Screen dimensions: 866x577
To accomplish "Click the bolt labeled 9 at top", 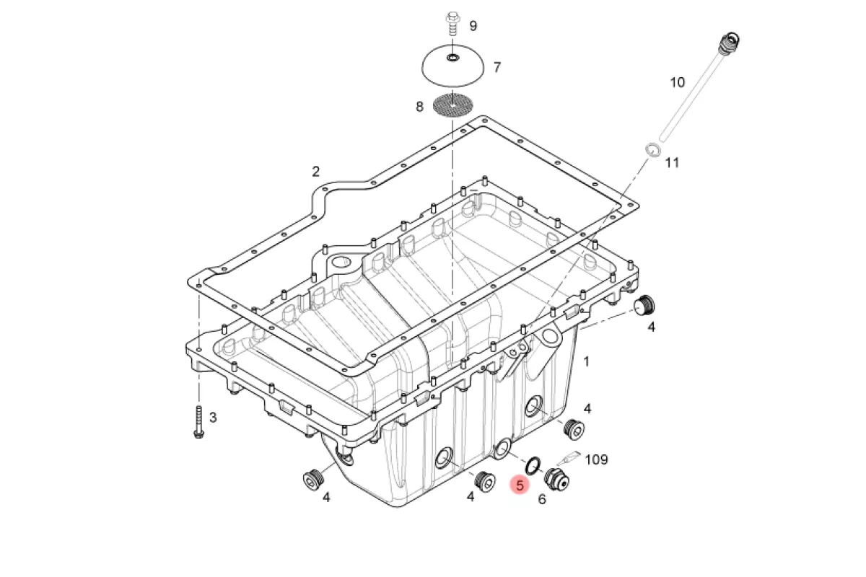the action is click(452, 24).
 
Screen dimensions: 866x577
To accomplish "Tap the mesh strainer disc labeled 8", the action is click(452, 105).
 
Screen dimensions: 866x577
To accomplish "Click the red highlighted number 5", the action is click(520, 485).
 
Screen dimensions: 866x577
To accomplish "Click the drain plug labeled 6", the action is click(556, 480).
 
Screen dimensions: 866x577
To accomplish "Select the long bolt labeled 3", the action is click(198, 422).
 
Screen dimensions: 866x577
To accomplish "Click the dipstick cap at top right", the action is click(729, 43).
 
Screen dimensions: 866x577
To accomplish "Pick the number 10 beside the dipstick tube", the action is click(678, 82).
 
